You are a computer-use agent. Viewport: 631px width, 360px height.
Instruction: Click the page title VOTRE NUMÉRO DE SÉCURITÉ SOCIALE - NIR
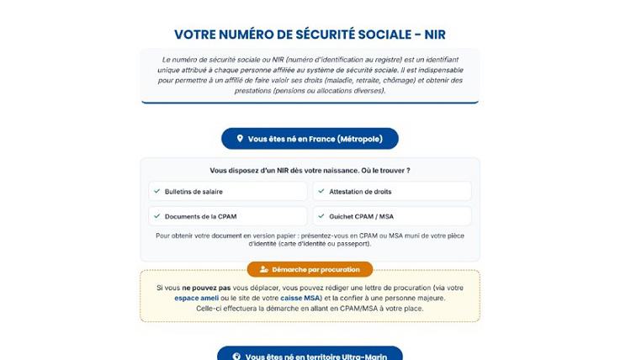tap(310, 34)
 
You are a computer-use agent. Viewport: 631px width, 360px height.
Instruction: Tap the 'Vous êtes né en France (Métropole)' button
tap(310, 139)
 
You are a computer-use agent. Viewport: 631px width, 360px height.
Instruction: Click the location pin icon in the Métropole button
tap(240, 139)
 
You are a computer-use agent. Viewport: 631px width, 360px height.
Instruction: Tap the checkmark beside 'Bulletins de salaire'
tap(156, 191)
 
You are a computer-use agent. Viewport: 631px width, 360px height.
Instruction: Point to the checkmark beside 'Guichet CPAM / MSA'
tap(321, 216)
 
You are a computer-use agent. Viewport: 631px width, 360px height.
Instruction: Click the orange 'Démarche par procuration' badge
tap(310, 269)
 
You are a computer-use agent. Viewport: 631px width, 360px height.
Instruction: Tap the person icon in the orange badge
tap(264, 269)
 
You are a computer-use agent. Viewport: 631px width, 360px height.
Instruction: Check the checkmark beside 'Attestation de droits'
tap(321, 191)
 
